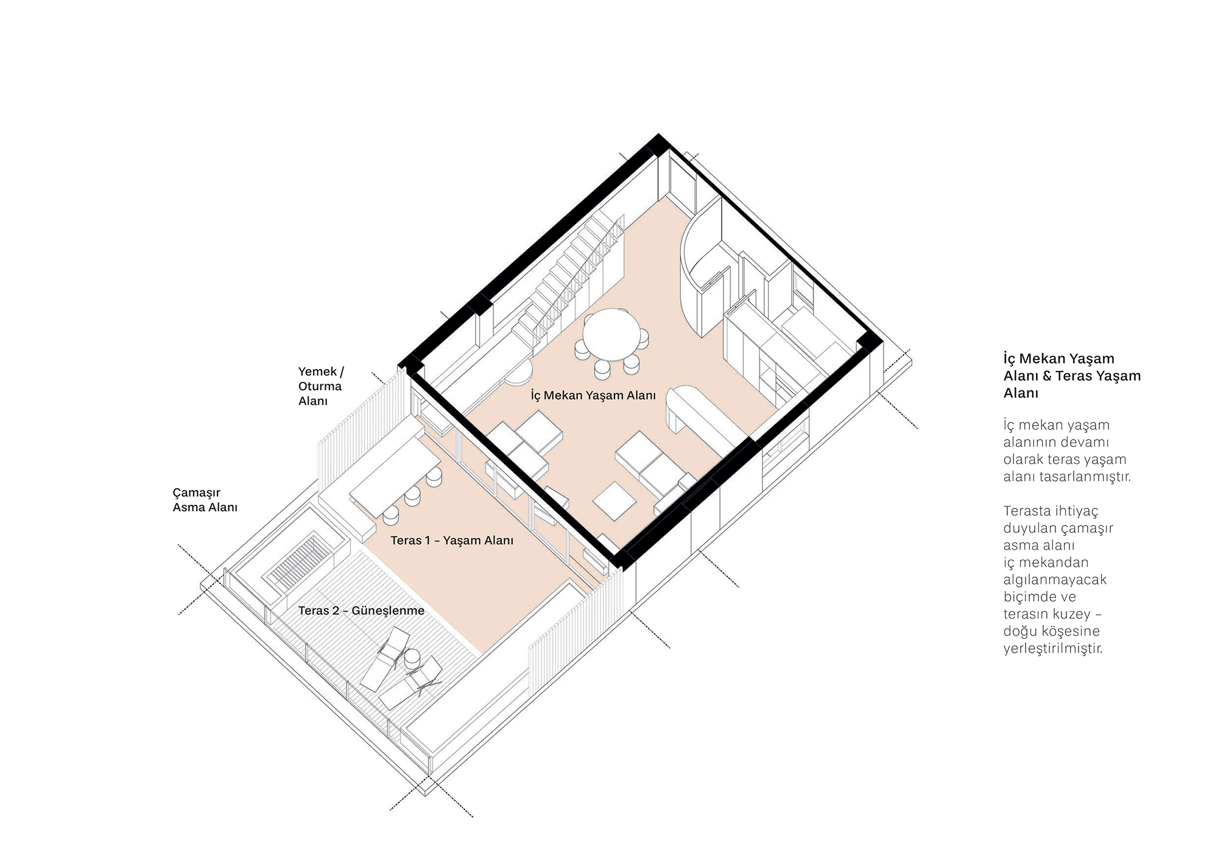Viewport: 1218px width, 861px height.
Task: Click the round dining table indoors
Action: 611,336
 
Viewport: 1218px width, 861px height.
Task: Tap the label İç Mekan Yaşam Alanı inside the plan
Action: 593,395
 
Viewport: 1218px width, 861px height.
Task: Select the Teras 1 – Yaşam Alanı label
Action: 452,540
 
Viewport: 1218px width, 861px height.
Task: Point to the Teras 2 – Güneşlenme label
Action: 361,610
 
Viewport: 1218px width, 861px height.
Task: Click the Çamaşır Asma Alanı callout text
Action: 205,499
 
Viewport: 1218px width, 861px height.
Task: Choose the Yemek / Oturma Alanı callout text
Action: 321,386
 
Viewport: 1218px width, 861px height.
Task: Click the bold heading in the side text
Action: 1072,376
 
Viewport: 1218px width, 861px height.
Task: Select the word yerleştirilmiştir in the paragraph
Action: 1053,648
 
